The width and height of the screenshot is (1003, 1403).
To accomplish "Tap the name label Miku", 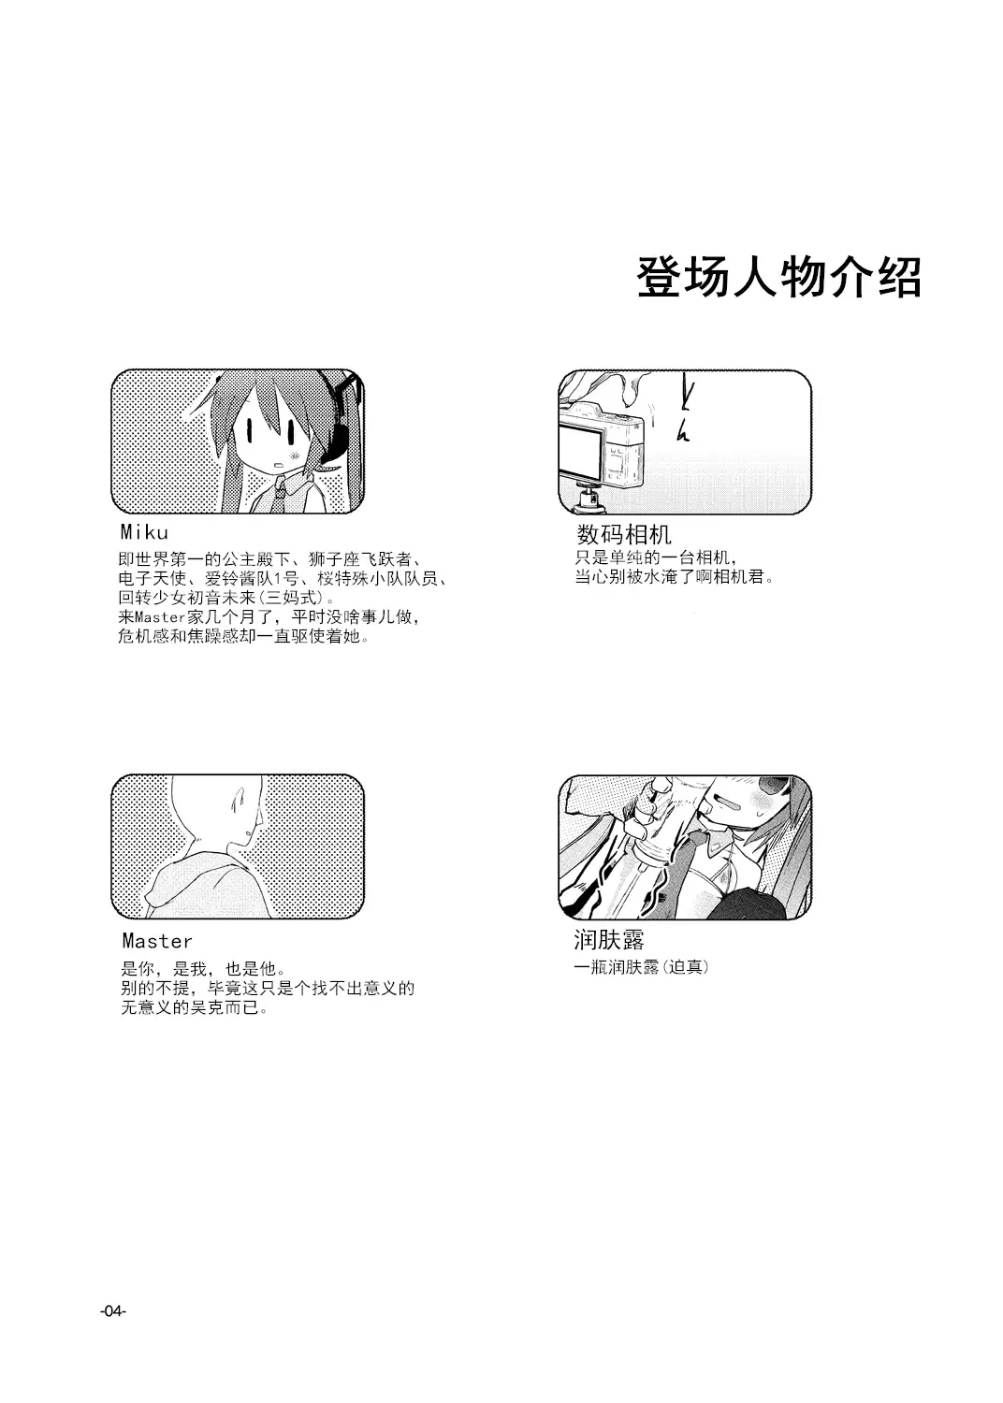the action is click(144, 532).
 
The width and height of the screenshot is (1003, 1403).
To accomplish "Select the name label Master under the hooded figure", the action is click(157, 941).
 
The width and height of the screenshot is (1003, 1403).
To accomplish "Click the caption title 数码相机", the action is click(623, 534).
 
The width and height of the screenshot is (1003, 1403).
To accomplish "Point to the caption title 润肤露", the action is click(609, 939).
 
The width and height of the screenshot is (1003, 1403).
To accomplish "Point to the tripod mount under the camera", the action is click(589, 499).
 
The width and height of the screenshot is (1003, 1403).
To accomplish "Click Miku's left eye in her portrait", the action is click(249, 429).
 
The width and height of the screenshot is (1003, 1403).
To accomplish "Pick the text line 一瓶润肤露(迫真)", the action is click(642, 967).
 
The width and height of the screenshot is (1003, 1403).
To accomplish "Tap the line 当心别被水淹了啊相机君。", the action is click(675, 576).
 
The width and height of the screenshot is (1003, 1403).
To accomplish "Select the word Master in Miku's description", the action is click(160, 616).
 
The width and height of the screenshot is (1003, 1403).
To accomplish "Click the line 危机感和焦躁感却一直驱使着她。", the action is click(243, 636).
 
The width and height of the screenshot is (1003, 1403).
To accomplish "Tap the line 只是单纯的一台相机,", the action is click(657, 557).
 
